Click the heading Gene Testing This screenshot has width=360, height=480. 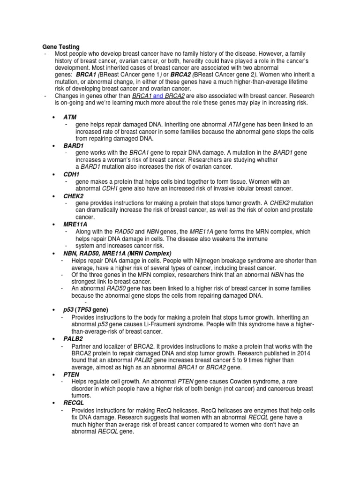tap(61, 47)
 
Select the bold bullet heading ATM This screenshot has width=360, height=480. tap(70, 117)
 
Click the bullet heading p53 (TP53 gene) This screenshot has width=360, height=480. tap(86, 310)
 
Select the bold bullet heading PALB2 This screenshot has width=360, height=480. tap(73, 338)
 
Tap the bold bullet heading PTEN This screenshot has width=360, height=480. tap(72, 375)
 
